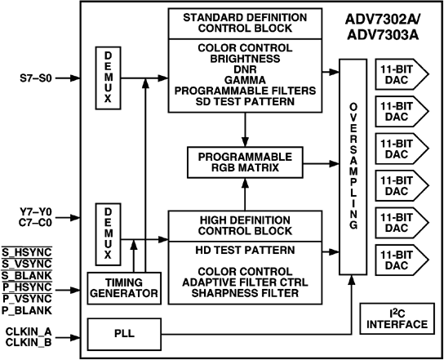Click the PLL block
click(123, 333)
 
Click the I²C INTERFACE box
click(396, 318)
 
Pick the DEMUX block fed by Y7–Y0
click(109, 234)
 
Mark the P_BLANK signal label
click(28, 311)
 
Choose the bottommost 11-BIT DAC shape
click(400, 259)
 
